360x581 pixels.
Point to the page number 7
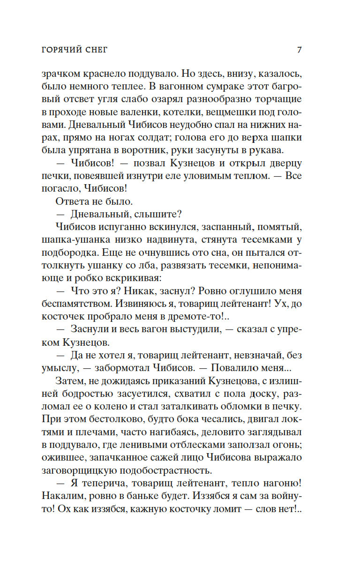[x=299, y=50]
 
